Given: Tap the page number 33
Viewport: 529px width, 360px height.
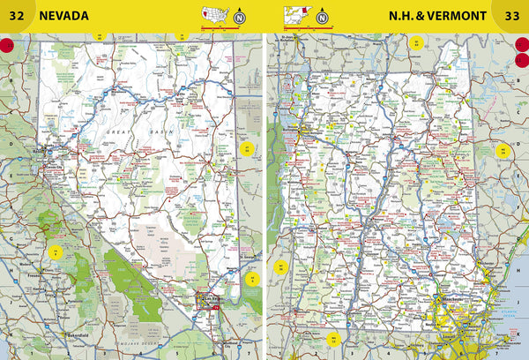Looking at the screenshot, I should (x=511, y=16).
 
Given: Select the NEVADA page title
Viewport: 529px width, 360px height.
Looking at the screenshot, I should (x=63, y=16).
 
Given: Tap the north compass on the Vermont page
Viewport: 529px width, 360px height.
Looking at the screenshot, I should (x=322, y=15).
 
